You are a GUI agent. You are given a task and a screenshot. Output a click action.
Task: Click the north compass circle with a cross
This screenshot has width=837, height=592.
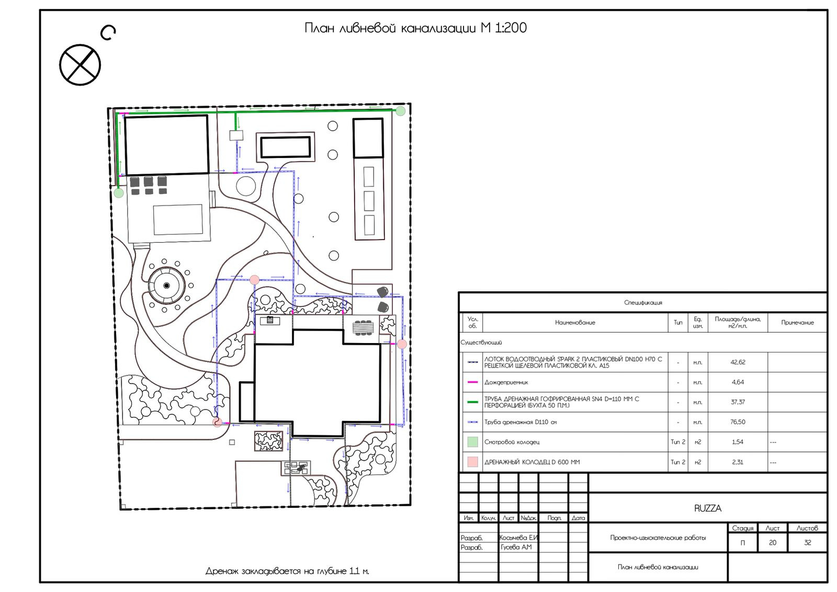(x=80, y=65)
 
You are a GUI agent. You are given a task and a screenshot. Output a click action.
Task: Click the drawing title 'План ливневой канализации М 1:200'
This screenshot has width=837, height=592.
(x=415, y=28)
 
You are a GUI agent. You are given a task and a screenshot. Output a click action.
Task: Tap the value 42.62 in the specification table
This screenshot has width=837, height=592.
(x=738, y=362)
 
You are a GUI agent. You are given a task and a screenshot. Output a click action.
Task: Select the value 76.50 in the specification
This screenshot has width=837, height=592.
(x=738, y=422)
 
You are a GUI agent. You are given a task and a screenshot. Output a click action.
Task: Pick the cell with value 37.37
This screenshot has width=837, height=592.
(x=738, y=402)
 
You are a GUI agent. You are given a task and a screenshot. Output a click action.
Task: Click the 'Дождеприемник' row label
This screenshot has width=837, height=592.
(x=506, y=382)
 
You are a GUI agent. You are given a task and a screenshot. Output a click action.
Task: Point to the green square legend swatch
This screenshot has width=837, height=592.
(x=473, y=442)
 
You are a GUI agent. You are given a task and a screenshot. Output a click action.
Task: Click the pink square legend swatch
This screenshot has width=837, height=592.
(x=473, y=462)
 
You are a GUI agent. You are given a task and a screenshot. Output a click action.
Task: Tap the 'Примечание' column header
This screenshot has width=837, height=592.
(x=797, y=322)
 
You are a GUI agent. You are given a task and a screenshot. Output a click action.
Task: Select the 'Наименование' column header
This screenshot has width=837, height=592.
(x=575, y=322)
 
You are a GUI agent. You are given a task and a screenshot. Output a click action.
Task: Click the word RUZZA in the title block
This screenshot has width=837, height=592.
(x=708, y=508)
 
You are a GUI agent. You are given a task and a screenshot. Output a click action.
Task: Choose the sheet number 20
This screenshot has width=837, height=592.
(x=773, y=542)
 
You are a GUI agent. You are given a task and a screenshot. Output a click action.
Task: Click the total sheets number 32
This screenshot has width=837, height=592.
(x=808, y=542)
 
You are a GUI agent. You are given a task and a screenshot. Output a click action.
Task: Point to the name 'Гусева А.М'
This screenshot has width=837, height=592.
(x=516, y=547)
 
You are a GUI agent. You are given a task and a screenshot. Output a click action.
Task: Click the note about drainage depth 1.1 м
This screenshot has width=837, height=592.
(x=287, y=571)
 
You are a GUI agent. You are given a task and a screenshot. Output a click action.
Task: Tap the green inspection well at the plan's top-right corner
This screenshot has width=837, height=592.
(x=400, y=111)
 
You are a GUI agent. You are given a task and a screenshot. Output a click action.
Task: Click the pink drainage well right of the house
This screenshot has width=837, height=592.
(x=402, y=344)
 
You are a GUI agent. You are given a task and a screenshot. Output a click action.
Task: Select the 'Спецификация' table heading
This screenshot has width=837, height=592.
(x=643, y=302)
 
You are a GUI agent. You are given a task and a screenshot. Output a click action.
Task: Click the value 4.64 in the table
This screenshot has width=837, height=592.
(x=738, y=382)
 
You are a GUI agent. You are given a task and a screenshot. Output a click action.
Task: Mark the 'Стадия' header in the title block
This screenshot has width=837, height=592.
(x=742, y=528)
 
